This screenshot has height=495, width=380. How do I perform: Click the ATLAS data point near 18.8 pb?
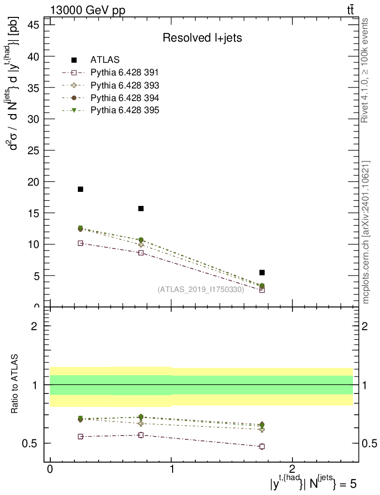point(80,189)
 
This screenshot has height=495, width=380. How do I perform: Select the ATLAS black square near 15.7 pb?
point(141,208)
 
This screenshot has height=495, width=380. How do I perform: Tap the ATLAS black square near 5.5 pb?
point(262,273)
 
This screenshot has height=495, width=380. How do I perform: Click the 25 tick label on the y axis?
point(33,150)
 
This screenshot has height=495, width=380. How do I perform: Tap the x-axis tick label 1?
point(171,469)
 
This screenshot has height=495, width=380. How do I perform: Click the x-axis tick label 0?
point(50,469)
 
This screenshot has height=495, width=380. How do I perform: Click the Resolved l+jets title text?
point(202,38)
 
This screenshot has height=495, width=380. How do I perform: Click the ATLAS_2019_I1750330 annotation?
point(201,290)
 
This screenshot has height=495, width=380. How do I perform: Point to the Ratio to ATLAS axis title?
point(15,384)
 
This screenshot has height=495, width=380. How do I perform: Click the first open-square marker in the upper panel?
point(80,243)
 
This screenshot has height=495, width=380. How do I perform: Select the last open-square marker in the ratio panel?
point(262,446)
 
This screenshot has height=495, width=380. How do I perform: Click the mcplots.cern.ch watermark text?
point(366,232)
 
